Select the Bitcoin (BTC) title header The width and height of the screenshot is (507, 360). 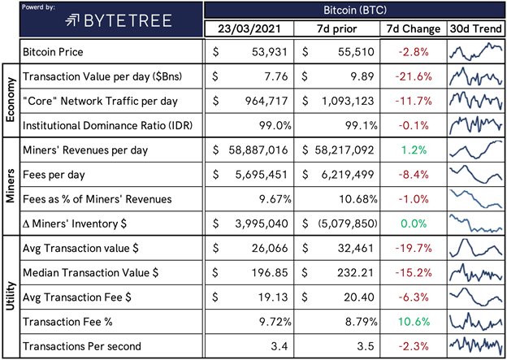pyautogui.click(x=355, y=10)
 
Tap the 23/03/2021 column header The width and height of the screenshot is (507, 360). pyautogui.click(x=249, y=29)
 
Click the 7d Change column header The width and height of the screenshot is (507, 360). pyautogui.click(x=414, y=29)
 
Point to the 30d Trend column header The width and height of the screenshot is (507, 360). pyautogui.click(x=476, y=29)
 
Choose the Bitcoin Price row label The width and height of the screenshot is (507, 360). pyautogui.click(x=53, y=52)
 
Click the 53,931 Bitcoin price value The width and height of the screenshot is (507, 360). pyautogui.click(x=270, y=52)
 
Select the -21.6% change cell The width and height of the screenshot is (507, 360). pyautogui.click(x=414, y=76)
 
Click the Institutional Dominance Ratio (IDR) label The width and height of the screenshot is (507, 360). pyautogui.click(x=108, y=125)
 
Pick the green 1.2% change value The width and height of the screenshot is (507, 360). pyautogui.click(x=414, y=150)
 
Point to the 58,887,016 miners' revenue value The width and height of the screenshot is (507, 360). pyautogui.click(x=258, y=150)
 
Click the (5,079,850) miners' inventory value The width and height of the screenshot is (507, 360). pyautogui.click(x=346, y=223)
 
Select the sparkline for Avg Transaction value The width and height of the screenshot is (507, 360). pyautogui.click(x=475, y=247)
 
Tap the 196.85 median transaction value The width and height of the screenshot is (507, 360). pyautogui.click(x=270, y=273)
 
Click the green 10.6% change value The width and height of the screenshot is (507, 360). pyautogui.click(x=414, y=322)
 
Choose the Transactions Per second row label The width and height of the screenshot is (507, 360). pyautogui.click(x=82, y=346)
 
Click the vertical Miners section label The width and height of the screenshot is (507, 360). pyautogui.click(x=11, y=186)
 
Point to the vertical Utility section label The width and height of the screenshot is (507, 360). pyautogui.click(x=11, y=296)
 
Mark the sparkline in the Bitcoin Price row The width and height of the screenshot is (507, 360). pyautogui.click(x=475, y=52)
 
